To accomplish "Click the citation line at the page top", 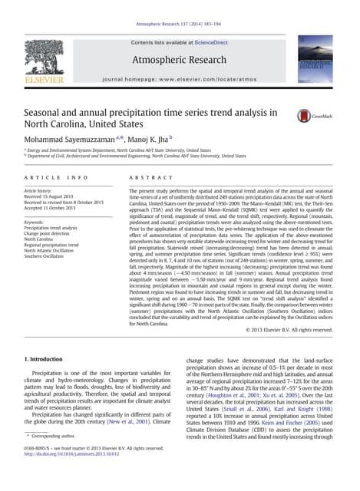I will [x=180, y=6].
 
